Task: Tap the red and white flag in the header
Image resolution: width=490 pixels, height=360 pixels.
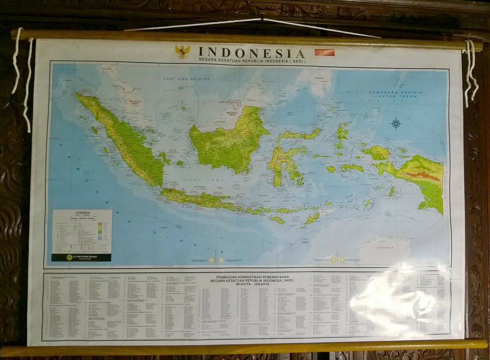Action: click(324, 52)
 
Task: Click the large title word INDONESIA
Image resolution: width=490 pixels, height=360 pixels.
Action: click(252, 52)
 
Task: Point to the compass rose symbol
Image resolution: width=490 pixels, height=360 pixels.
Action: click(396, 123)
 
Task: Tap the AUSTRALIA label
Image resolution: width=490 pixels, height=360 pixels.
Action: click(385, 248)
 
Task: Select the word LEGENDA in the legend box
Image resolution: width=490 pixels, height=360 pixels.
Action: click(82, 213)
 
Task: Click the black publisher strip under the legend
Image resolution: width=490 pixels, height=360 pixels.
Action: click(81, 257)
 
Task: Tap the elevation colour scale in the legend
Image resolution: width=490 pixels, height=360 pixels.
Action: click(104, 227)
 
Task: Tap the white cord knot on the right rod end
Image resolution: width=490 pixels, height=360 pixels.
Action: click(469, 46)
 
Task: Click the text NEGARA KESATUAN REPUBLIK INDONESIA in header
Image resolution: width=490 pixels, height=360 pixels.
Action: click(252, 61)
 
